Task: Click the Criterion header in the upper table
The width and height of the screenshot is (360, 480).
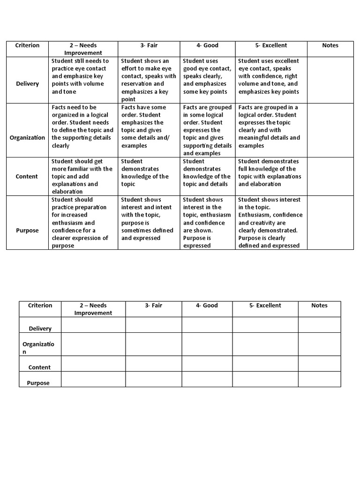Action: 27,45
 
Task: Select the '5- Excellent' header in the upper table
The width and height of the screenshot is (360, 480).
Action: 271,45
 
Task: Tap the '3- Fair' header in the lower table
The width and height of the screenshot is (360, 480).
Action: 153,306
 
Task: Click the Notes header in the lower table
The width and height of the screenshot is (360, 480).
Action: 319,306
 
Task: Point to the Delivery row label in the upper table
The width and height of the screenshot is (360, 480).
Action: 27,84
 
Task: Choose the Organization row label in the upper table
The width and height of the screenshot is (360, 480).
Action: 27,138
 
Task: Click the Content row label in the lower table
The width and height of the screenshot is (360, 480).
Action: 39,367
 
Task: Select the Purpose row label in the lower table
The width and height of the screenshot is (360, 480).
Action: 38,383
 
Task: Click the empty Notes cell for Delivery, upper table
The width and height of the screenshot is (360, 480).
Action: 330,80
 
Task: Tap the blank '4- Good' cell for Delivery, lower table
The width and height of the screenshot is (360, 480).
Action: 207,325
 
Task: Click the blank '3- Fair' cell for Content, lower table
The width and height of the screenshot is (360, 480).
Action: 153,363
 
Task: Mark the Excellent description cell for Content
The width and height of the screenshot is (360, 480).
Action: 271,176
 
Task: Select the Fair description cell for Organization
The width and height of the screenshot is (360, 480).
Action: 149,130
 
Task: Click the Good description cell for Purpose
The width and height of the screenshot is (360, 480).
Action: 207,223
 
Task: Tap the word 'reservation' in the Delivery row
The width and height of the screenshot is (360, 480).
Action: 138,84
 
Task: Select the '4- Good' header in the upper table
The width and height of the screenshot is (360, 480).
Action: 207,45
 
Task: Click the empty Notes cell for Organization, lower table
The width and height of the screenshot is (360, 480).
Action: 319,344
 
